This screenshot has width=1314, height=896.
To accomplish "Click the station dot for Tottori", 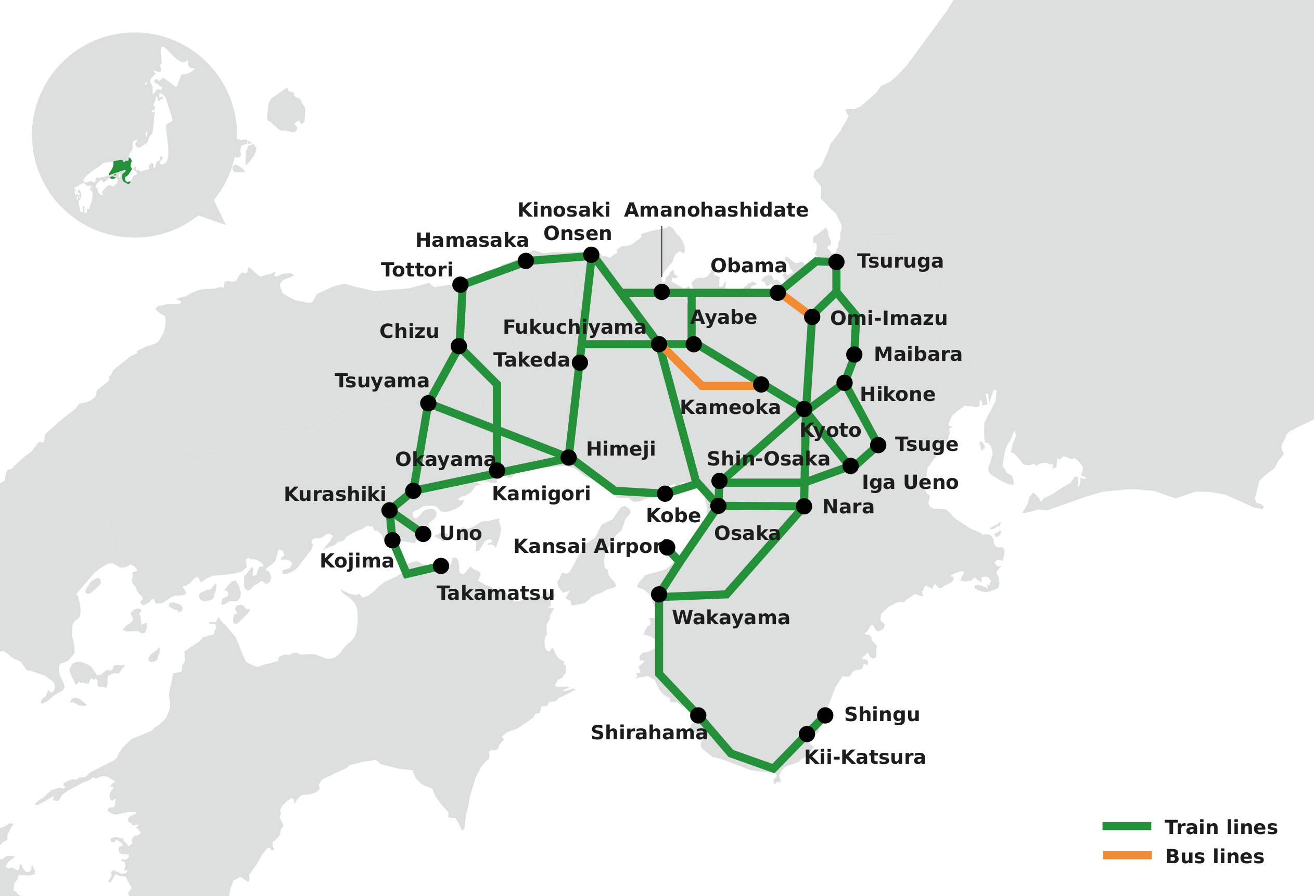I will click(460, 285).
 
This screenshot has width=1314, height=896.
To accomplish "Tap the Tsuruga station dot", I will click(836, 262).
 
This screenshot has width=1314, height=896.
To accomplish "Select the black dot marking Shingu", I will click(825, 715).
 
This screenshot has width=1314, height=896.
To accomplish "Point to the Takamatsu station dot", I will click(441, 565).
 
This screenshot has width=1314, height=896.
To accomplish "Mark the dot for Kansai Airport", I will click(667, 547).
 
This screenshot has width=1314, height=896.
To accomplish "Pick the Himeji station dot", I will click(568, 458).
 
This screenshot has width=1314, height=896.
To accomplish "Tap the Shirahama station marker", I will click(698, 715).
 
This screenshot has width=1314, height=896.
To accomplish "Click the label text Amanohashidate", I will click(716, 210).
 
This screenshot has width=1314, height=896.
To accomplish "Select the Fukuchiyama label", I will click(574, 327).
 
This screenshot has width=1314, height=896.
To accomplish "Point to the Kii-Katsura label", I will click(864, 758).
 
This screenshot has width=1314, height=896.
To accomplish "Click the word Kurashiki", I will click(335, 495).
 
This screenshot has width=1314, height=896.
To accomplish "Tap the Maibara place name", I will click(917, 355).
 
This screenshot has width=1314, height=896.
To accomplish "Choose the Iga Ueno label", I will click(910, 483).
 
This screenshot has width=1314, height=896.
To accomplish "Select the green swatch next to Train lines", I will click(1126, 826).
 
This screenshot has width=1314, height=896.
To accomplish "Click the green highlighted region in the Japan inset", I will click(120, 169).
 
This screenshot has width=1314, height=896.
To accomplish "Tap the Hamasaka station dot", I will click(526, 261).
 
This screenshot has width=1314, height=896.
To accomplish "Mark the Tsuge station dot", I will click(877, 445).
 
